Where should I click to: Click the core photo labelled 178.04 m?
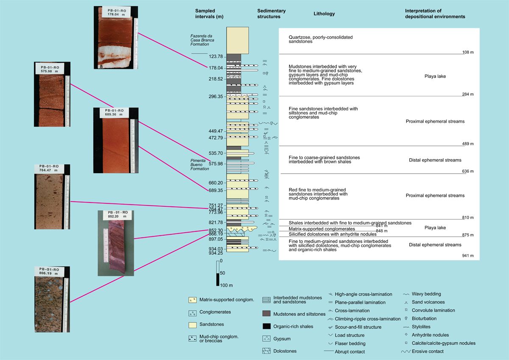point(116,37)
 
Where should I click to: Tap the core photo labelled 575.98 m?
point(52,94)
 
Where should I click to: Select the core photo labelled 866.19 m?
point(52,299)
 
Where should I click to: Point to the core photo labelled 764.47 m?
point(52,197)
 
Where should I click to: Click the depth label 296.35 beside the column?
point(216,97)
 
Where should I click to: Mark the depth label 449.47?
point(216,131)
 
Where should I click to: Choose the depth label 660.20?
point(216,183)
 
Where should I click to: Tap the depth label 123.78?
point(216,56)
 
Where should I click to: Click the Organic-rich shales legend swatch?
point(266,326)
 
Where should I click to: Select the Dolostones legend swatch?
point(266,351)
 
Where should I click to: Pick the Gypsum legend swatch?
point(266,339)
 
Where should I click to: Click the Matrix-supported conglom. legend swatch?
point(193,300)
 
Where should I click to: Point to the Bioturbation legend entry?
point(420,318)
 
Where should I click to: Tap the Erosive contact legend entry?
point(422,352)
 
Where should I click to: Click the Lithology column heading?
point(324,14)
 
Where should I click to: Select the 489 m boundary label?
point(468,144)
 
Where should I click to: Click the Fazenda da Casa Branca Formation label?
point(202,40)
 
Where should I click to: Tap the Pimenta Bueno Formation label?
point(199,165)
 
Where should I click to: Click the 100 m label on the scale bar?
point(227,285)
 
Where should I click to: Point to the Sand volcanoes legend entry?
point(425,302)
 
